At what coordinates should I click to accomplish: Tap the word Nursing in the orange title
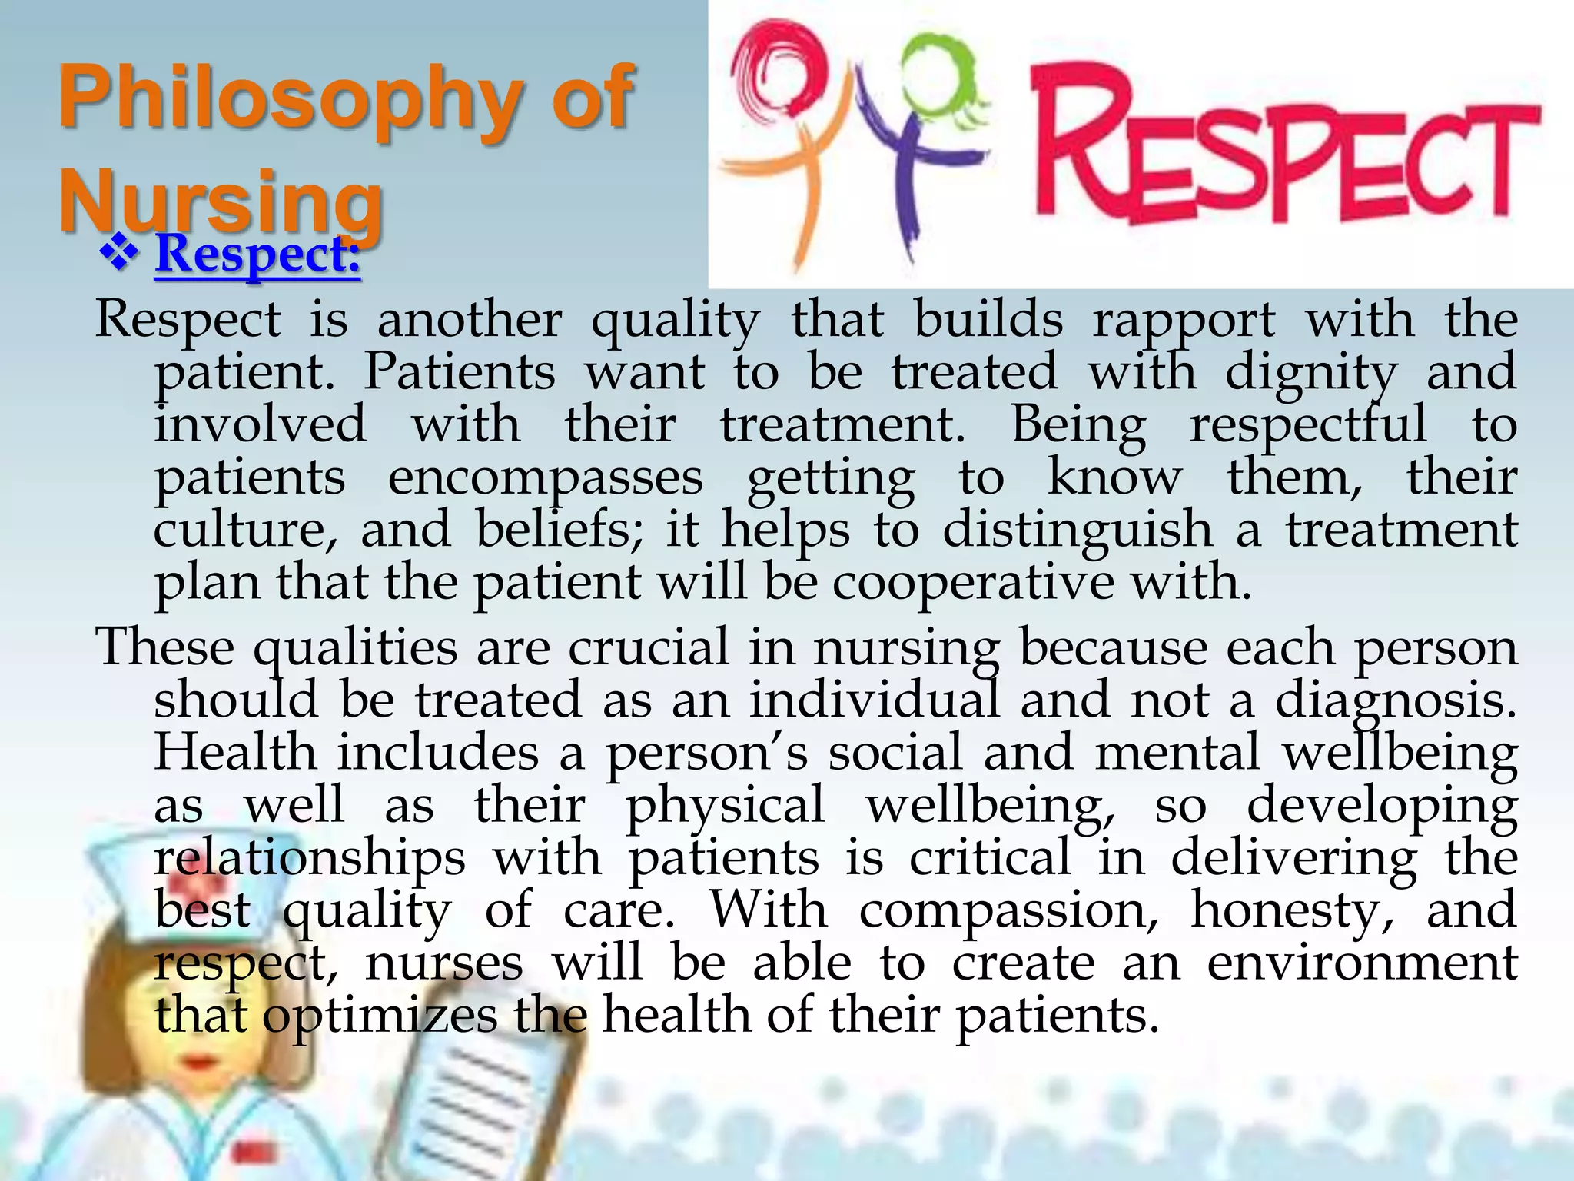tap(221, 200)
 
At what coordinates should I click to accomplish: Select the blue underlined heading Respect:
tap(257, 254)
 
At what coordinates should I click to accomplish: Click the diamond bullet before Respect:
tap(119, 254)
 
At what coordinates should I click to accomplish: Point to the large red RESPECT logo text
tap(1283, 150)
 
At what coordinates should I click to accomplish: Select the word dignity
tap(1310, 374)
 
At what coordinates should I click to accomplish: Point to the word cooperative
tap(972, 583)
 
